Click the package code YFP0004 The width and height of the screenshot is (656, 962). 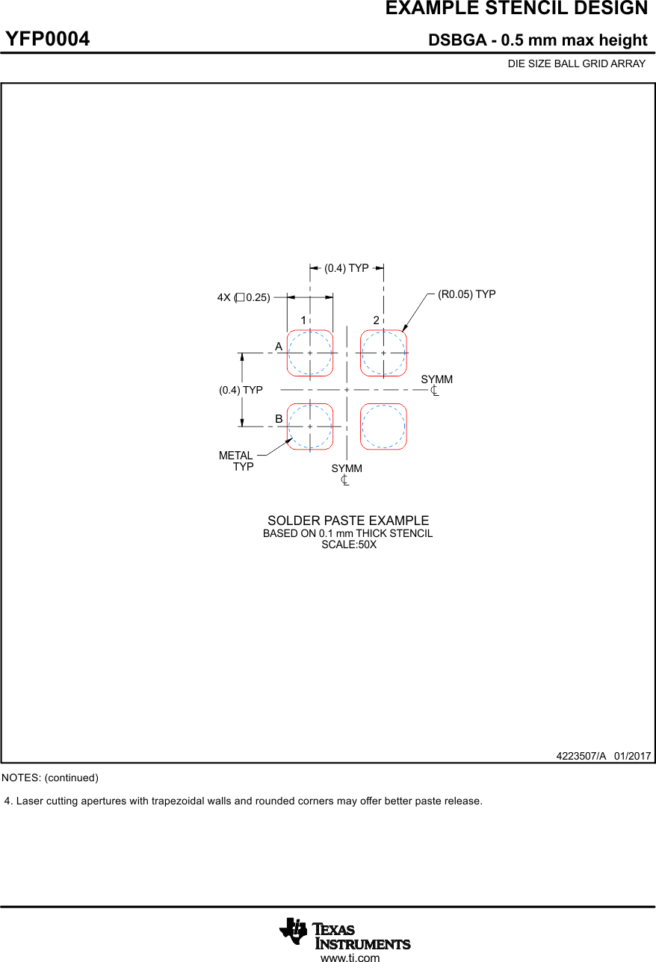point(48,39)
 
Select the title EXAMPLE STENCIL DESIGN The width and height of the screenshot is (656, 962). point(516,9)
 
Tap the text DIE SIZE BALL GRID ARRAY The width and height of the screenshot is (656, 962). point(576,64)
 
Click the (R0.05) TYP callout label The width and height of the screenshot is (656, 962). point(466,294)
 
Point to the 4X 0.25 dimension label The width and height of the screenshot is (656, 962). point(244,297)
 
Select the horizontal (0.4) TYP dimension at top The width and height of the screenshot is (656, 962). point(347,268)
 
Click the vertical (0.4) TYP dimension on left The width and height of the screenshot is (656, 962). point(241,390)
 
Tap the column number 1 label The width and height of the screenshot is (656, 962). point(303,320)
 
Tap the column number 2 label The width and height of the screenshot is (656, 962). point(377,320)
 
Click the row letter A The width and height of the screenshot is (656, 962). point(279,347)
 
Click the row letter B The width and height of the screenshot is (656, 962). point(279,420)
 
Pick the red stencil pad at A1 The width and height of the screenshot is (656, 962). point(310,353)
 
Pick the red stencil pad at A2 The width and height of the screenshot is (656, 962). point(383,353)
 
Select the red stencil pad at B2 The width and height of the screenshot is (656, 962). point(383,426)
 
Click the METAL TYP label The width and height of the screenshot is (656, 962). point(237,461)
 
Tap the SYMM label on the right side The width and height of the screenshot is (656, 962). point(436,380)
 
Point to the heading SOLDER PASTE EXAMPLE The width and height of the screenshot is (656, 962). point(348,521)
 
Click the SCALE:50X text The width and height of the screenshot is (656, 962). point(349,545)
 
